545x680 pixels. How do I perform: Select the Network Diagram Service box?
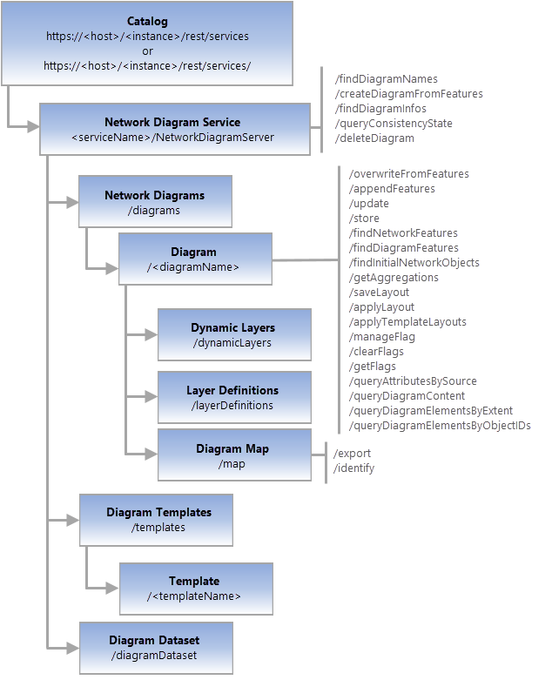pos(174,129)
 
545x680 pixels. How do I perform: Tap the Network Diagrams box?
pos(155,202)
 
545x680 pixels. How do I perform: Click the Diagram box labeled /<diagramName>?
pos(195,259)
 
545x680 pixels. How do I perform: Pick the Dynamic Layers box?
pos(233,334)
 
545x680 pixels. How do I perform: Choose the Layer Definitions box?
pos(233,397)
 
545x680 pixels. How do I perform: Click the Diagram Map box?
pos(233,455)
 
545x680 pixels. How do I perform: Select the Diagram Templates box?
pos(156,519)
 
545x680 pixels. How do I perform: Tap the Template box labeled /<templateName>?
pos(195,588)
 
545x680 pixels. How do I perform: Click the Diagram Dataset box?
pos(156,647)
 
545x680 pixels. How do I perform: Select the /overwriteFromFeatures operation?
pos(408,174)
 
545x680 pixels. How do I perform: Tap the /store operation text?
pos(363,219)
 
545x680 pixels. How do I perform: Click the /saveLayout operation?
pos(379,293)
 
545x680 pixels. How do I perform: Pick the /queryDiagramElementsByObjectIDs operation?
pos(440,426)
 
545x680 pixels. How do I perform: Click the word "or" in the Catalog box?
pos(147,50)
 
